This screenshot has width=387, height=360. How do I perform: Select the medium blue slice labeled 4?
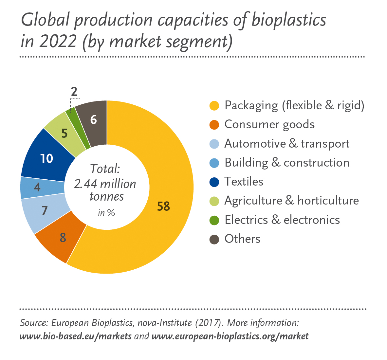point(38,188)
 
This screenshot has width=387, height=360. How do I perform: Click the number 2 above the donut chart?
point(74,92)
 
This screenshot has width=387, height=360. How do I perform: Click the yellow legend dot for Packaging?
point(214,106)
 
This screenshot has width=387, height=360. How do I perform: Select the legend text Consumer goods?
point(269,125)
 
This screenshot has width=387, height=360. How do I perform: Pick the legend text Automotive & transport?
point(287,144)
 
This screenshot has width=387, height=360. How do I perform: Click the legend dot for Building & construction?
point(214,163)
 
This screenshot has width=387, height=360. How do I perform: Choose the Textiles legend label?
point(244,182)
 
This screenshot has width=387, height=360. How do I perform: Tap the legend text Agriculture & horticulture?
point(291,201)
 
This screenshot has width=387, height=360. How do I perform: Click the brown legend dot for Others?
point(214,239)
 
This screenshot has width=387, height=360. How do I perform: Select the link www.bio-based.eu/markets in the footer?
point(76,336)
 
